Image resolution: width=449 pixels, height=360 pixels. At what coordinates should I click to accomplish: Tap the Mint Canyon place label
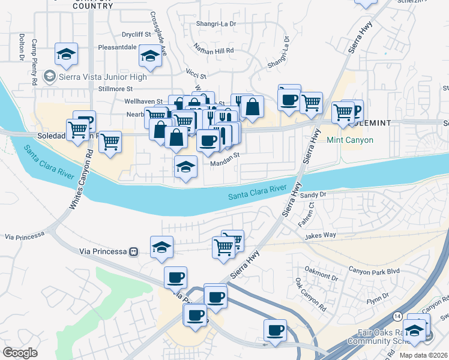click(350, 140)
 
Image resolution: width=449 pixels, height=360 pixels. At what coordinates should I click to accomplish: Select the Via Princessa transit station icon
click(134, 251)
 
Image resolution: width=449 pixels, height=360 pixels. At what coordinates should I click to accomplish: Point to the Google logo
click(20, 353)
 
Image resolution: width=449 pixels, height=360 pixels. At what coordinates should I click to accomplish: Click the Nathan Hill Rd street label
click(214, 50)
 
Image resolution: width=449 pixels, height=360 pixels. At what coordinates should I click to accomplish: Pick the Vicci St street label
click(196, 77)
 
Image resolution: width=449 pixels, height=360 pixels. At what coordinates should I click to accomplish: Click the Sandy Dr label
click(313, 195)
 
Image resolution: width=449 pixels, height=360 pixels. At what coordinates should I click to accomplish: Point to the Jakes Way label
click(321, 236)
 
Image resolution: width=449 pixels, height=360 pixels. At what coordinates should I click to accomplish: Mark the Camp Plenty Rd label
click(34, 61)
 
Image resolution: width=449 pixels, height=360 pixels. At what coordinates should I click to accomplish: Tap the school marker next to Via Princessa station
click(161, 248)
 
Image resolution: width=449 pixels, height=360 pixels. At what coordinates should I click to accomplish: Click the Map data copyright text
click(424, 355)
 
